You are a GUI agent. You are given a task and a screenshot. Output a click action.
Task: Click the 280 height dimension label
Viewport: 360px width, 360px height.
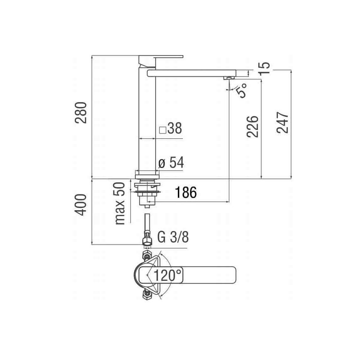[81, 113]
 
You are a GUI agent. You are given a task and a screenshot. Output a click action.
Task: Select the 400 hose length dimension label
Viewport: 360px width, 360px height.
[81, 205]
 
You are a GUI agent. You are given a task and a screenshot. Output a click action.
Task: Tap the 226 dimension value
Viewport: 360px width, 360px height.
[253, 127]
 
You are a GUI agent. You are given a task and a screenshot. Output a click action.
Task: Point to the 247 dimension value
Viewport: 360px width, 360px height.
[282, 123]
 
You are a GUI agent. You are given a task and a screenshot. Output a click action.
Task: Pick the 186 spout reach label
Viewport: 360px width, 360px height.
[186, 192]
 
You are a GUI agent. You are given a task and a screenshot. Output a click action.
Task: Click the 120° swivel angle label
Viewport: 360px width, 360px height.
[167, 275]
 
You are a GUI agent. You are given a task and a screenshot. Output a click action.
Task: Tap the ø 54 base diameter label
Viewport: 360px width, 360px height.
[171, 163]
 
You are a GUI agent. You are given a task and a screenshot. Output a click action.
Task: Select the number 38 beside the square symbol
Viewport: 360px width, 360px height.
[175, 128]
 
